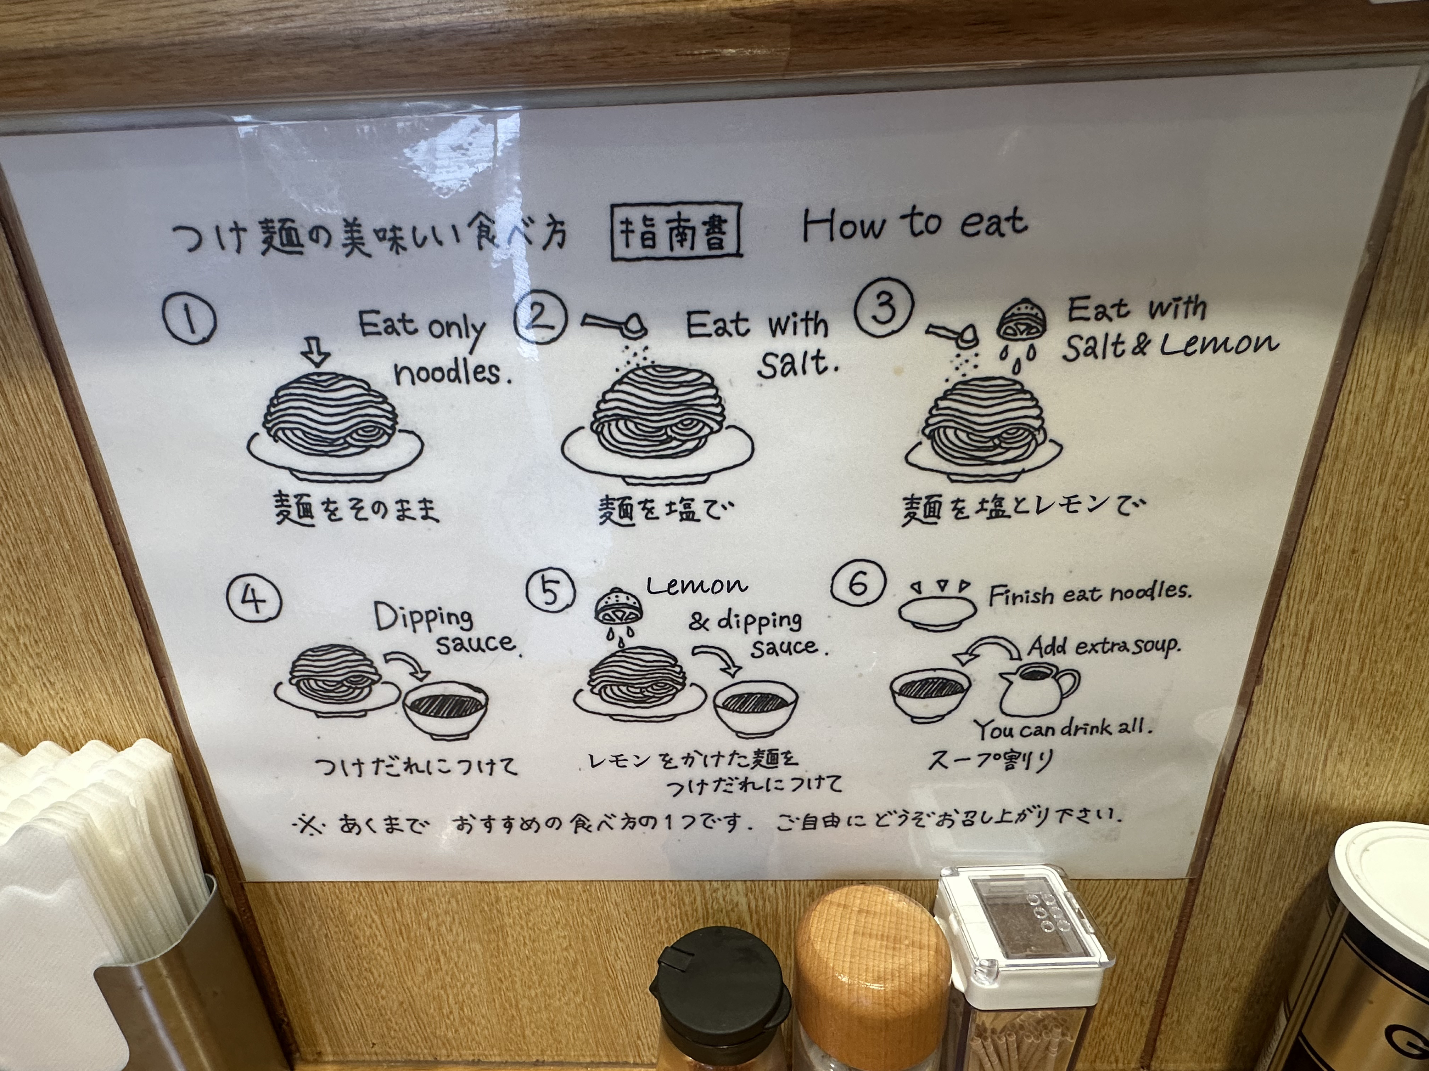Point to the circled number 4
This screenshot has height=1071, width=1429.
[x=253, y=600]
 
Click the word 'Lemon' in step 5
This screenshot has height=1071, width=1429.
[x=696, y=585]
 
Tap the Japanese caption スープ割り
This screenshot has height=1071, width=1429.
[x=990, y=760]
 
